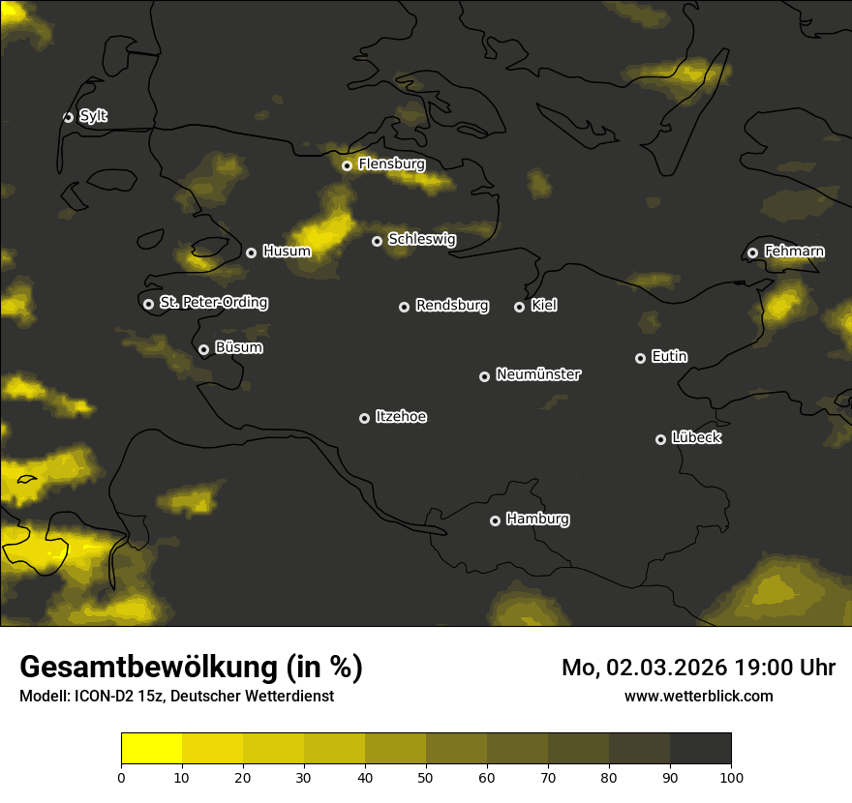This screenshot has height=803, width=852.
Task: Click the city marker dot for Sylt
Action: [x=68, y=117]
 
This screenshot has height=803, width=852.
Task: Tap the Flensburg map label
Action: [x=391, y=164]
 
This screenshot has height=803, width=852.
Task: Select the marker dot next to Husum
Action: [x=251, y=253]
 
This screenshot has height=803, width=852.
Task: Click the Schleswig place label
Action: [x=421, y=239]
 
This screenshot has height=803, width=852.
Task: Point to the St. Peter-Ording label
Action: [x=213, y=303]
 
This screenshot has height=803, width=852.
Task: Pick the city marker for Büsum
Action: [x=203, y=350]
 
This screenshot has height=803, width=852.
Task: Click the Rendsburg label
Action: [x=451, y=306]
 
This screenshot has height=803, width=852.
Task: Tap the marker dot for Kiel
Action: [x=519, y=307]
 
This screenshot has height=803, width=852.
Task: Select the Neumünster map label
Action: [x=537, y=374]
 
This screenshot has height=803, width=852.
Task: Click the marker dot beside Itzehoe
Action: [x=364, y=418]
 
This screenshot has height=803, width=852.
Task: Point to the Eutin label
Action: [x=669, y=357]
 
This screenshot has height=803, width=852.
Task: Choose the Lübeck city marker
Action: [x=660, y=439]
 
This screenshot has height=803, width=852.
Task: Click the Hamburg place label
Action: [x=537, y=520]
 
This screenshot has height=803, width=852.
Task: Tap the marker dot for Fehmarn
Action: [x=752, y=253]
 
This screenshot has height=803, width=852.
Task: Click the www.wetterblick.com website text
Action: [x=698, y=696]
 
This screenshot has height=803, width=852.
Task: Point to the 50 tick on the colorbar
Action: [x=426, y=776]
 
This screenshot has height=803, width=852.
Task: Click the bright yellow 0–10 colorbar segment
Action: [x=152, y=749]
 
